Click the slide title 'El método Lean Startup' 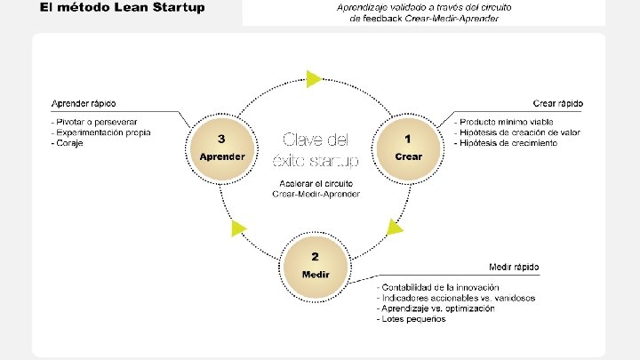[x=122, y=8]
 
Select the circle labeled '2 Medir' [x=316, y=264]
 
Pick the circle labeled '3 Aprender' [x=222, y=148]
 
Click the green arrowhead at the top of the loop [x=313, y=78]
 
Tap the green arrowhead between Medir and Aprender [x=237, y=228]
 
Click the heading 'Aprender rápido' [x=84, y=103]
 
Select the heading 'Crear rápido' [x=558, y=103]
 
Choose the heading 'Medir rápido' [x=514, y=268]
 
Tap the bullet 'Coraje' [x=67, y=143]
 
